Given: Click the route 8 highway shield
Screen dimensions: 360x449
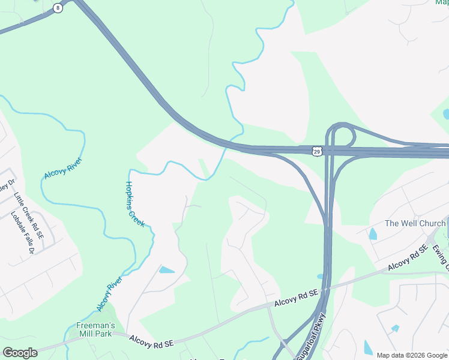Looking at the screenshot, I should (58, 8).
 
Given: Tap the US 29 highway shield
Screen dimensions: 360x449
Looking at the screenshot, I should (317, 151).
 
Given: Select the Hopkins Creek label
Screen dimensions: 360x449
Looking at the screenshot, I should (134, 204).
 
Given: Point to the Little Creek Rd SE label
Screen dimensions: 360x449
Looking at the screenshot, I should (29, 217).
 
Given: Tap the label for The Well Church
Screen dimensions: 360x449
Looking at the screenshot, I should (415, 223).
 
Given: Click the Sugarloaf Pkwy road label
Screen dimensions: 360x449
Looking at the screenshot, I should (312, 337).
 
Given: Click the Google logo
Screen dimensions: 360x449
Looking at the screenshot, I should (20, 352).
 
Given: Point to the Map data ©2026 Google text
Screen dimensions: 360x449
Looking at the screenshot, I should (412, 355).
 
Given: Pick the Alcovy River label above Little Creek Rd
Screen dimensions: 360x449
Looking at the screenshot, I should (62, 169).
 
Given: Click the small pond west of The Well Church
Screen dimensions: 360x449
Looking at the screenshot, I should (372, 234).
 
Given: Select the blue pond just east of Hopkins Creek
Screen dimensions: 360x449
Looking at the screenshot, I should (166, 270).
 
